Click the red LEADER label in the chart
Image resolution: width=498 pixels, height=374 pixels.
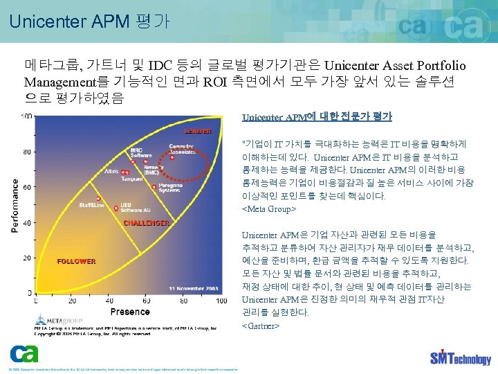pos(198,130)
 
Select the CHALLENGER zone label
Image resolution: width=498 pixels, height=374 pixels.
pos(146,223)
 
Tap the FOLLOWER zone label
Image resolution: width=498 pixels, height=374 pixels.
pos(76,261)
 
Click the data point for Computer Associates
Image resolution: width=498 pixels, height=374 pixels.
pos(172,158)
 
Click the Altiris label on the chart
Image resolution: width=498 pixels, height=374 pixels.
pos(111,170)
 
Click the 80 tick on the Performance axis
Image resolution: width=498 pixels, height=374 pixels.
pos(26,152)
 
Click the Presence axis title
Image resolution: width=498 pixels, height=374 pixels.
pos(130,312)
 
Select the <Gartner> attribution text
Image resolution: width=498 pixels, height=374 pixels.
pos(261,325)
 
